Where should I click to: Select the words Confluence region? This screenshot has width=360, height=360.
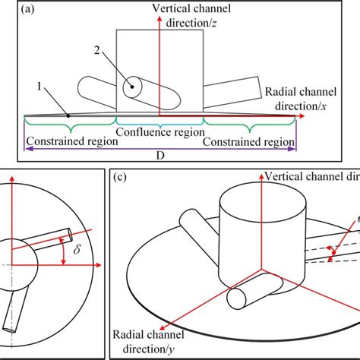pyautogui.click(x=161, y=131)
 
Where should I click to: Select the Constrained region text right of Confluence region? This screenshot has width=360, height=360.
pyautogui.click(x=252, y=141)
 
